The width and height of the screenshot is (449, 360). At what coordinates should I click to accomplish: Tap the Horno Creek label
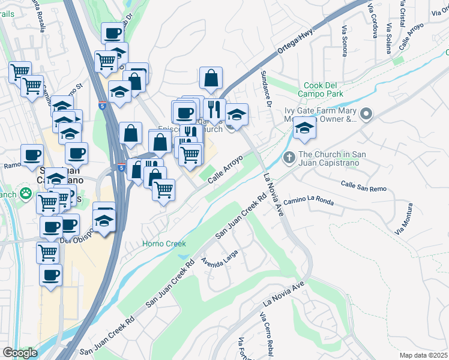164,244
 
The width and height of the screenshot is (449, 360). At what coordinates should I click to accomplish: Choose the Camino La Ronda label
309,201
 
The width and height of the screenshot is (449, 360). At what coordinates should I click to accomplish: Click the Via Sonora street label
345,41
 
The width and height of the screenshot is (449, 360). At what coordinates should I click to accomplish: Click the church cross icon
289,159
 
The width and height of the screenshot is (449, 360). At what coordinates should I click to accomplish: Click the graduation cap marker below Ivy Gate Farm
305,128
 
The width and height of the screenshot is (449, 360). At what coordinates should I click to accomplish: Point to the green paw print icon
26,193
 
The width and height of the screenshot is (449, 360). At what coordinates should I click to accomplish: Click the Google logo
20,353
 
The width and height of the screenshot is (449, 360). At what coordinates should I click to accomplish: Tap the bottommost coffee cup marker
50,275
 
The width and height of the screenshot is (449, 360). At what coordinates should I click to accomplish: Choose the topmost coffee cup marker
112,34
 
